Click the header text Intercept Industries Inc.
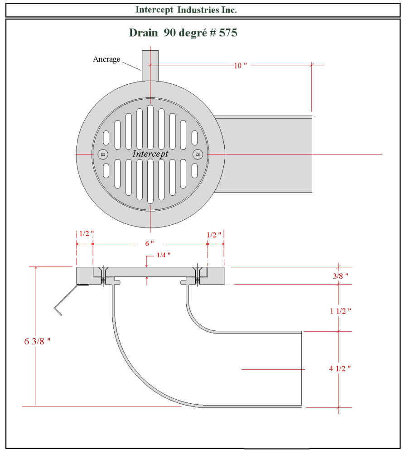(x=186, y=10)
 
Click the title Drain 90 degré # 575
(x=183, y=33)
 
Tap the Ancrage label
(x=106, y=59)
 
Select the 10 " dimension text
(x=240, y=65)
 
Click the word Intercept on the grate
(x=150, y=154)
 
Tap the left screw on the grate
(x=103, y=155)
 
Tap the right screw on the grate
(x=197, y=155)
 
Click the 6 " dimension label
(x=150, y=243)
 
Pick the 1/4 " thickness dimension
(x=163, y=255)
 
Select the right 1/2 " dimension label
(x=214, y=235)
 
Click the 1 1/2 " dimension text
(x=340, y=311)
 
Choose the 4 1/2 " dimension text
(x=340, y=368)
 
